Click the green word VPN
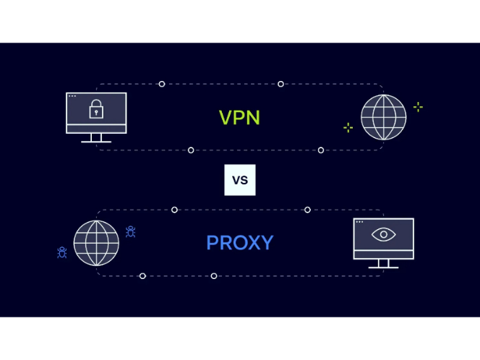click(239, 117)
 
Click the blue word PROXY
click(239, 242)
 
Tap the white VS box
click(240, 180)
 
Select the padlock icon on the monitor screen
click(96, 110)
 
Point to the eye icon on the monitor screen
click(383, 234)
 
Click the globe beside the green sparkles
click(383, 117)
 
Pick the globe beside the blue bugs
click(96, 243)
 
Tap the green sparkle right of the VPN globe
click(418, 107)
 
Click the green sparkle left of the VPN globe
click(348, 128)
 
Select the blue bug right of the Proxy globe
click(131, 231)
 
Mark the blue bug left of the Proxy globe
click(62, 252)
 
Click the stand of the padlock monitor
click(96, 138)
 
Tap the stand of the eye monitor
click(383, 263)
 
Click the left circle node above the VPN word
click(161, 84)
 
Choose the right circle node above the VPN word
click(280, 84)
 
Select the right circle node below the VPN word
click(321, 150)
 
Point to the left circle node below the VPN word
click(191, 150)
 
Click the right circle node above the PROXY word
click(307, 210)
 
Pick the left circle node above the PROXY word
click(174, 210)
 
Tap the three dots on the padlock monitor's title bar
click(72, 96)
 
